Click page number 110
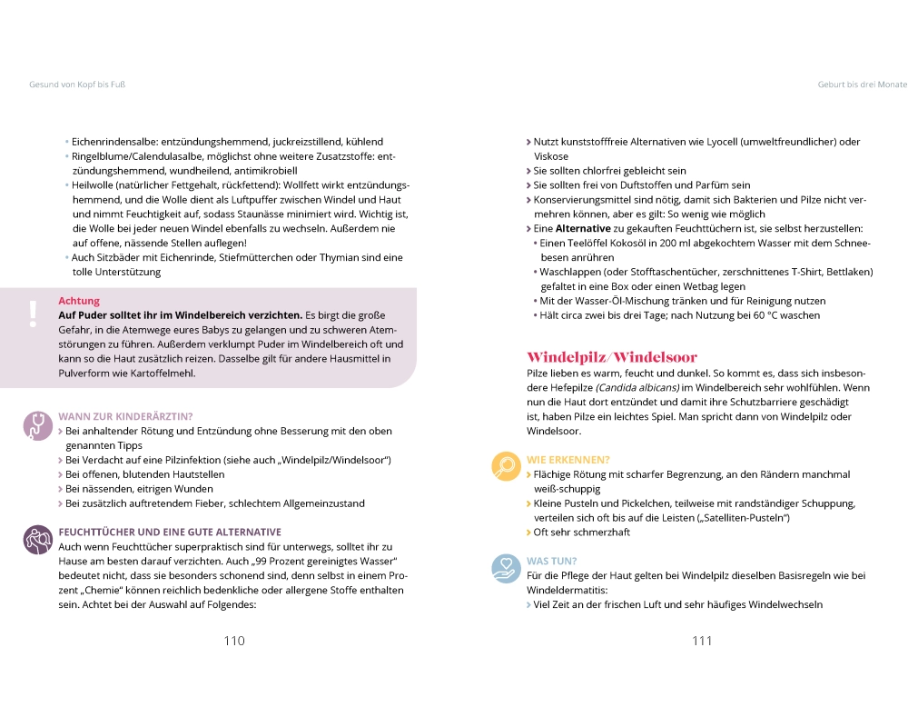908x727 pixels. click(234, 641)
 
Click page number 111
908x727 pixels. click(702, 641)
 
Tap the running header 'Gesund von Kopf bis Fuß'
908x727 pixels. click(77, 84)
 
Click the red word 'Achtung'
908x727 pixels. click(79, 301)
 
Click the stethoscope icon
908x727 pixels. click(37, 424)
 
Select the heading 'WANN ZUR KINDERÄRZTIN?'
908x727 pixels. click(125, 417)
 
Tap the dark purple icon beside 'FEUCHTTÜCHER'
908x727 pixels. click(37, 539)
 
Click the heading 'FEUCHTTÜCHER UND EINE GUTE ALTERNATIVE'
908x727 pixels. click(170, 532)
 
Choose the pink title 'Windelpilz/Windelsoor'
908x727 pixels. click(612, 357)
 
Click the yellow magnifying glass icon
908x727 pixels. click(505, 466)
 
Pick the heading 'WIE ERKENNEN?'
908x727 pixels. click(568, 460)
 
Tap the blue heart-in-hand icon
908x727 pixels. click(505, 568)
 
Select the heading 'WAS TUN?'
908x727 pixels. click(552, 561)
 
